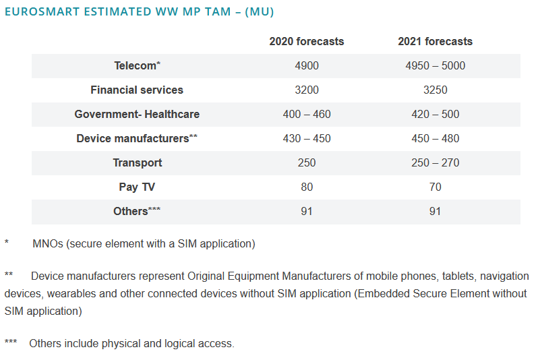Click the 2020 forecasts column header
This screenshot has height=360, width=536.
(x=306, y=41)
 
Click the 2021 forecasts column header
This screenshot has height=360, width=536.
(x=435, y=41)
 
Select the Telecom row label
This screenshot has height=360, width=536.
(x=137, y=65)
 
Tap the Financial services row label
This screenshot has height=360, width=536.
(x=137, y=90)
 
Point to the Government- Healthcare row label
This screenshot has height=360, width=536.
(x=137, y=114)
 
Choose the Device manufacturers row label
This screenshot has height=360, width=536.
(x=137, y=138)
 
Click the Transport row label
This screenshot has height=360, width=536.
(x=137, y=162)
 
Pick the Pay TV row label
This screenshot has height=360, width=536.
(x=137, y=187)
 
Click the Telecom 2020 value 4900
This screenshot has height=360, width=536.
(x=306, y=65)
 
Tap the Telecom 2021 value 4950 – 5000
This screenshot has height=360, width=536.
(x=435, y=65)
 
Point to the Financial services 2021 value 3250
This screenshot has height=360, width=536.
(x=435, y=90)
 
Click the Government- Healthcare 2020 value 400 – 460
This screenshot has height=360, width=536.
(x=306, y=114)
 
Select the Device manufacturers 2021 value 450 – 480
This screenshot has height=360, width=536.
(x=435, y=138)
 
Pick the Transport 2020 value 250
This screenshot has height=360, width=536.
(x=306, y=162)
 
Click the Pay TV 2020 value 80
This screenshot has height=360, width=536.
(x=306, y=187)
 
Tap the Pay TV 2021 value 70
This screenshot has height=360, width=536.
(x=435, y=187)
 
